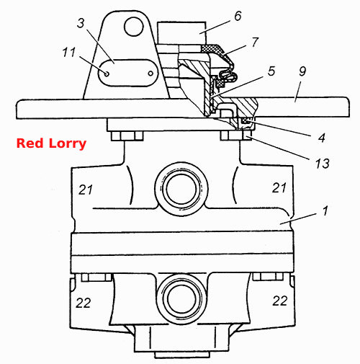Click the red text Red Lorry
point(51,143)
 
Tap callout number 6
point(238,16)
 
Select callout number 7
point(255,42)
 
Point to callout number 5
point(271,71)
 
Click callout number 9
point(302,71)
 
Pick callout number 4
point(322,138)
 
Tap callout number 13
point(323,164)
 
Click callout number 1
point(325,211)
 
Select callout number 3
point(81,23)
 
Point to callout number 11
point(69,52)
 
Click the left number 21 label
point(86,190)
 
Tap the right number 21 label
point(279,187)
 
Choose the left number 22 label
point(84,303)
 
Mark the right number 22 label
point(280,301)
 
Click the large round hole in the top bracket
point(134,27)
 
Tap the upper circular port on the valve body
point(181,189)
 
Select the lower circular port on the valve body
point(181,299)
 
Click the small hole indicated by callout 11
point(107,74)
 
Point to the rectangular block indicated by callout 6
point(181,33)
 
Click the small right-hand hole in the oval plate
point(150,74)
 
